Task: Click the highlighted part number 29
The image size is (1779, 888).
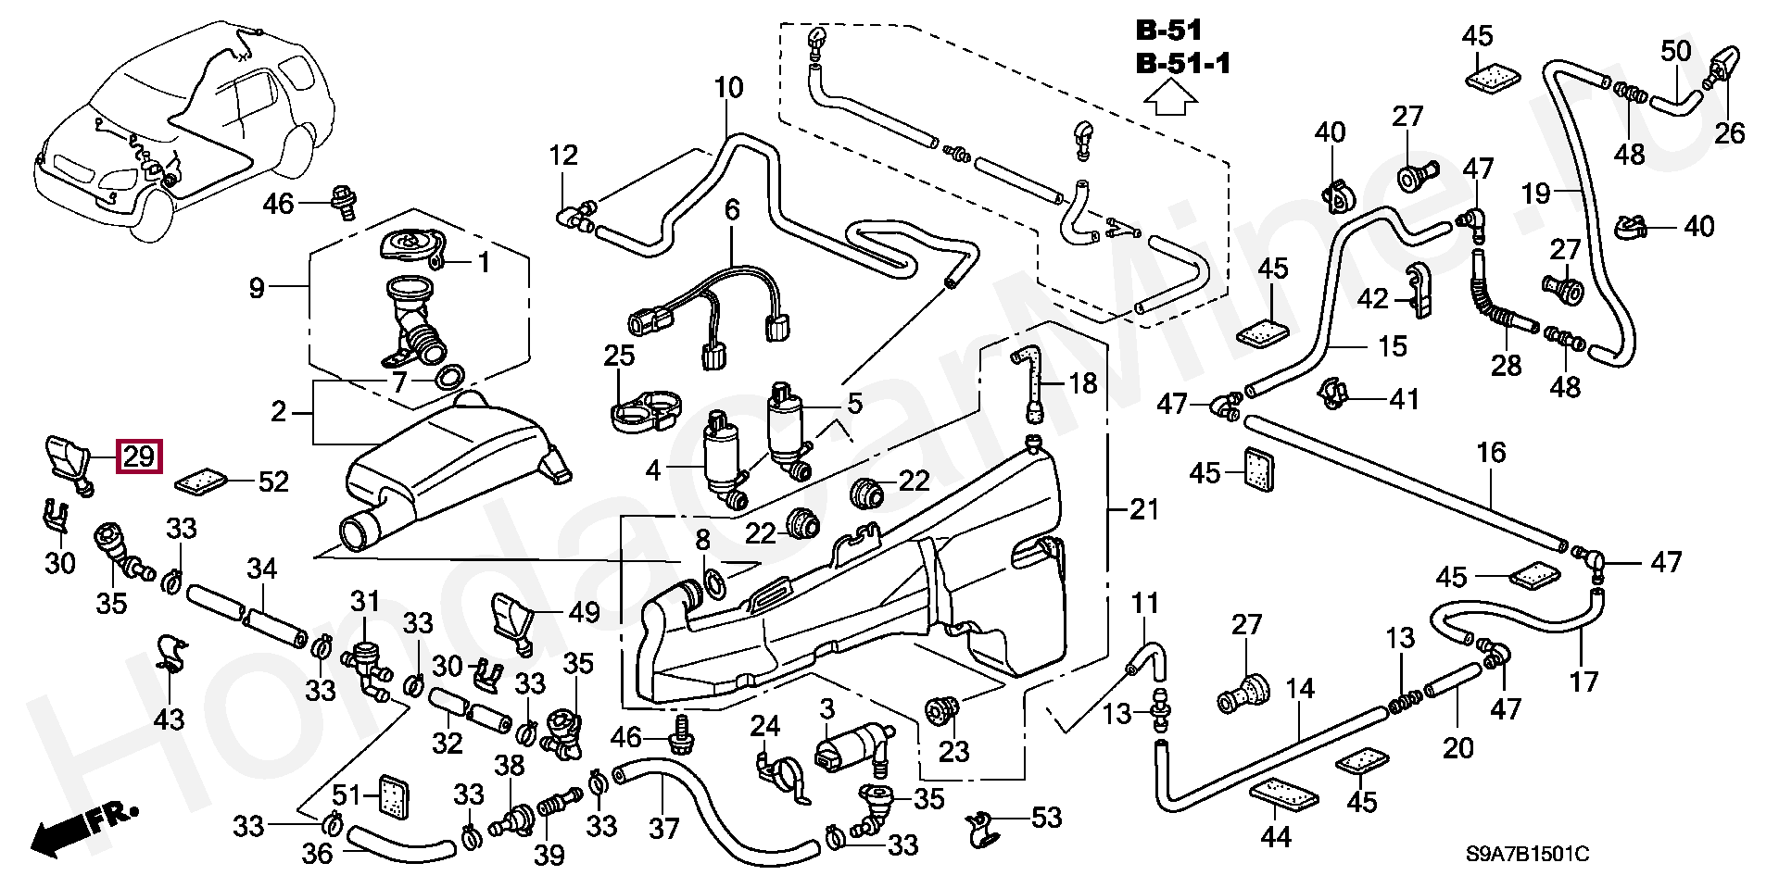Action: click(138, 457)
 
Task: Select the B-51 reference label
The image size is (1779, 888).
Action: click(1168, 31)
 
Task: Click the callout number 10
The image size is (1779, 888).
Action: click(728, 89)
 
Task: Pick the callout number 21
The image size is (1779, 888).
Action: click(1144, 509)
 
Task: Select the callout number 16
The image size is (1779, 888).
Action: click(1491, 453)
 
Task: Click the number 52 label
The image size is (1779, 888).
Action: click(273, 482)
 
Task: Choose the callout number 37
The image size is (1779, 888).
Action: click(663, 828)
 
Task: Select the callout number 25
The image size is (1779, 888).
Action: click(619, 355)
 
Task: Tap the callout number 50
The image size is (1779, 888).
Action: click(1675, 51)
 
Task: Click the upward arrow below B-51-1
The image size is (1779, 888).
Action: click(1170, 97)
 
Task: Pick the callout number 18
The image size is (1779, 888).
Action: click(1082, 382)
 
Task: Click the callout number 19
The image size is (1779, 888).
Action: click(1535, 194)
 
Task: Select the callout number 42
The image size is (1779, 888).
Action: click(1373, 298)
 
